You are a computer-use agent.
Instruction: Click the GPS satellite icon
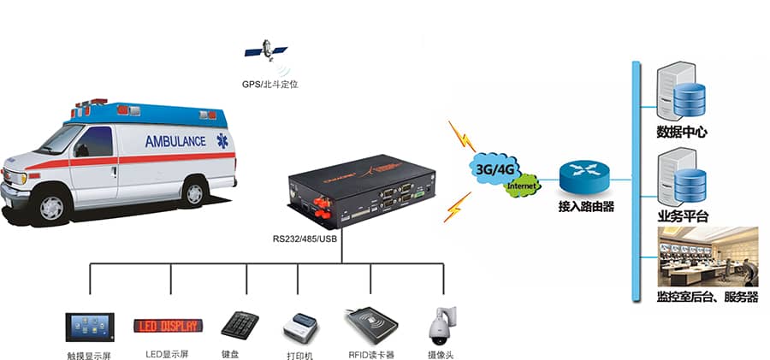267,50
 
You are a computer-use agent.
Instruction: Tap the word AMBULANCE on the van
175,141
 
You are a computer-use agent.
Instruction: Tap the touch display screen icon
90,327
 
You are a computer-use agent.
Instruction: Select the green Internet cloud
522,185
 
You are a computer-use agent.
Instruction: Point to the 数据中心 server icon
681,94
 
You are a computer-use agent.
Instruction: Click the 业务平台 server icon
681,176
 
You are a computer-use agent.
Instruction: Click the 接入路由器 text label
586,208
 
